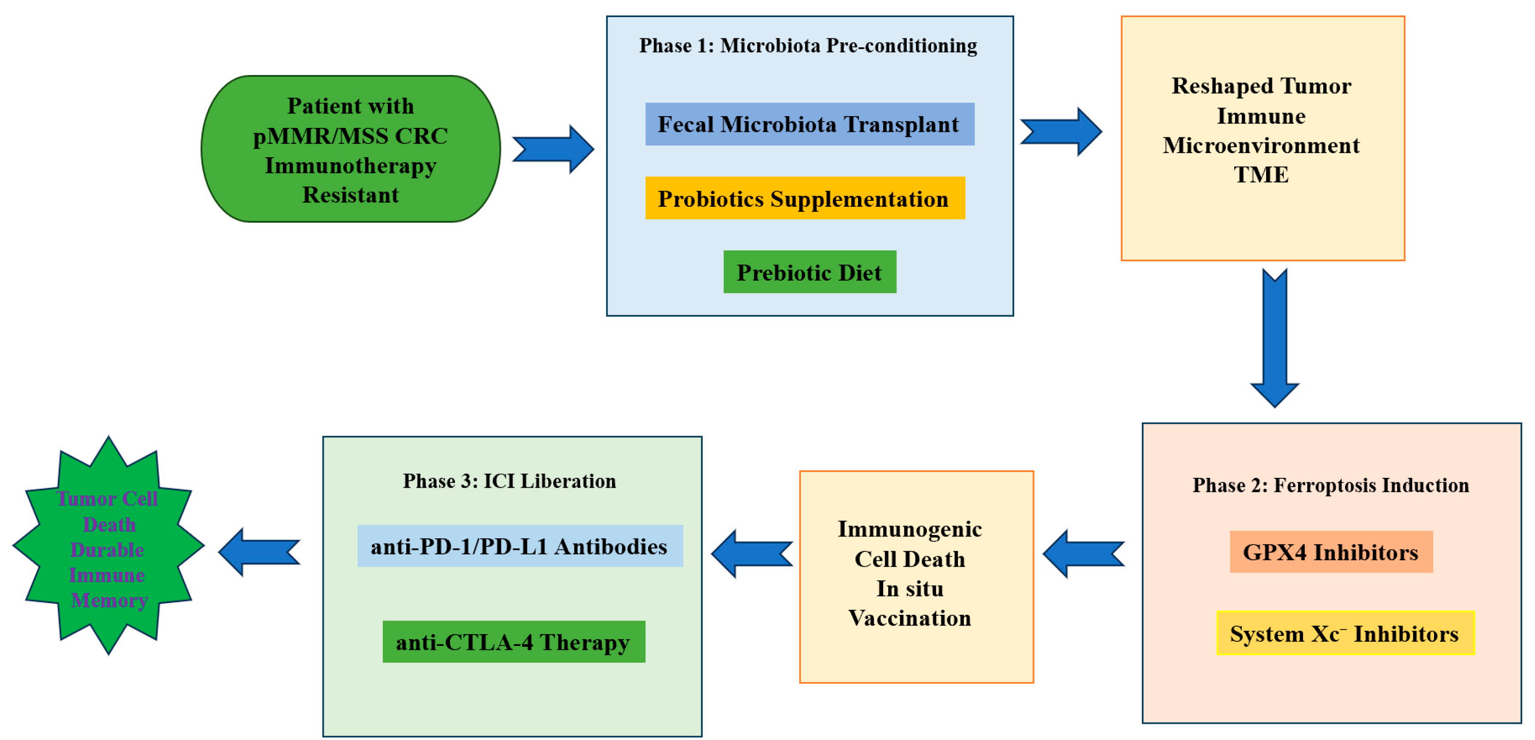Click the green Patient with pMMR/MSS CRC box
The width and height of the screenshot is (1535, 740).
point(350,149)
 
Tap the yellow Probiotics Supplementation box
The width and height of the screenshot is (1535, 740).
point(804,199)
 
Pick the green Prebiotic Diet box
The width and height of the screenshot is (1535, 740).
point(809,272)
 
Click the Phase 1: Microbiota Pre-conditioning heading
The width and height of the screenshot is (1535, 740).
point(808,46)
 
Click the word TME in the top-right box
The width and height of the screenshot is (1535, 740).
point(1261,175)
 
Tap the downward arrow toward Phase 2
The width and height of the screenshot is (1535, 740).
point(1274,338)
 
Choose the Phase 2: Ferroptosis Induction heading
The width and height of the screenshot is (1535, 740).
point(1330,485)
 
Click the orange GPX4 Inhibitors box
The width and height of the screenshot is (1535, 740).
point(1330,552)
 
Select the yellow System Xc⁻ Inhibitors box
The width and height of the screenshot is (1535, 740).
point(1344,633)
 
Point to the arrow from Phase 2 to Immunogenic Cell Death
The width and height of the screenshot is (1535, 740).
point(1083,554)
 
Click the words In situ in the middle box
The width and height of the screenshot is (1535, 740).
point(909,589)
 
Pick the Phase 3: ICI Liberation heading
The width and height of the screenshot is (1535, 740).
point(509,481)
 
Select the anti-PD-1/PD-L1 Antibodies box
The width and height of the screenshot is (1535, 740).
point(519,546)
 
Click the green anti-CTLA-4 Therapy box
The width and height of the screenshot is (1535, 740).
point(513,642)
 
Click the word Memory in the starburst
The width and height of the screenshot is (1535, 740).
point(109,600)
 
